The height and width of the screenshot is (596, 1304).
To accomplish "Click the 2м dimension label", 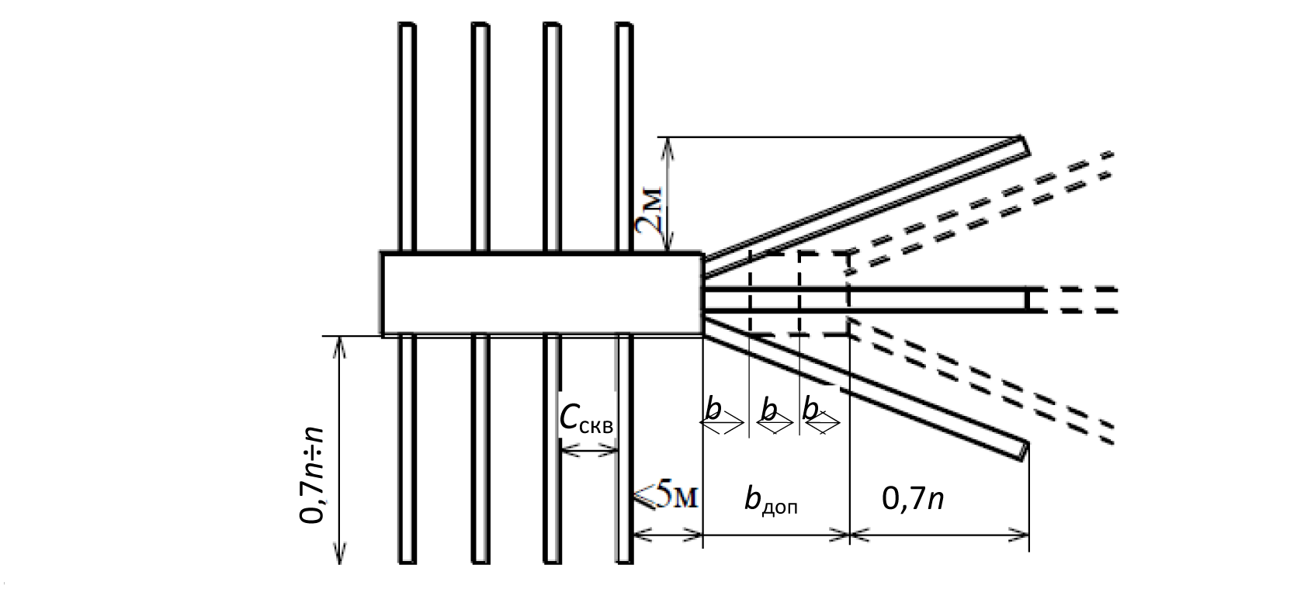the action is [x=650, y=211].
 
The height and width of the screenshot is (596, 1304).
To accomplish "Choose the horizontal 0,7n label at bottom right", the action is [x=913, y=498].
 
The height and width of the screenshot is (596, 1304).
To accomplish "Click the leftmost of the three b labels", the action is [x=713, y=410].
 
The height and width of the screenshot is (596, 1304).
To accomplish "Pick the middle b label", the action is [x=769, y=410].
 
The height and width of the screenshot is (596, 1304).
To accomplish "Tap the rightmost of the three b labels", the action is [x=810, y=410].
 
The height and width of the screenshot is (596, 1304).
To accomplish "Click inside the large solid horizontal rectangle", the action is [x=542, y=295].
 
